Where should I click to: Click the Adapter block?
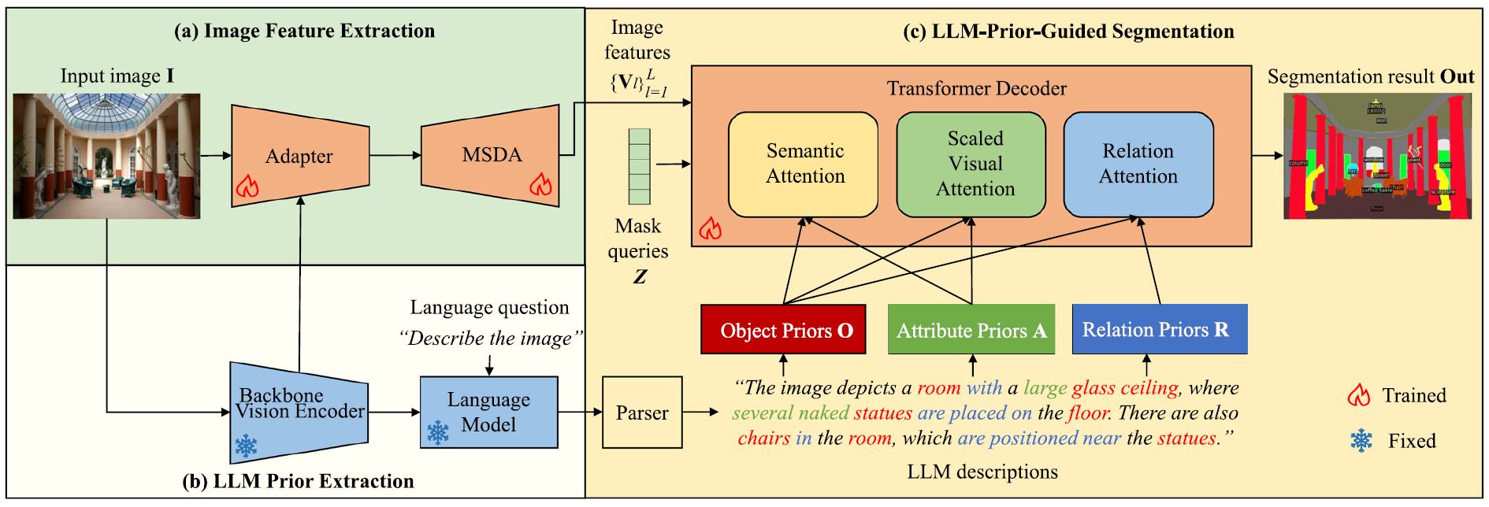point(300,156)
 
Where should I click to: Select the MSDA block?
point(490,155)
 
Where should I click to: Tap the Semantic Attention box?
point(804,164)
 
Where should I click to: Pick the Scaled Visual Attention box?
point(971,164)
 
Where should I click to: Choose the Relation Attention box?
point(1138,164)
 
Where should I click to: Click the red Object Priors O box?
point(783,330)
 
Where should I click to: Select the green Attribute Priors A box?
point(971,330)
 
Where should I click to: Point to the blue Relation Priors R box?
point(1159,329)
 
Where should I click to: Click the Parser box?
point(641,413)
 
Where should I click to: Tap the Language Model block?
point(488,412)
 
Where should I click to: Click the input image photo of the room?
point(107,156)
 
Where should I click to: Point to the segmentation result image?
point(1377,156)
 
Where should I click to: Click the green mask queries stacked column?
point(639,167)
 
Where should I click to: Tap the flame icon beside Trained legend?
point(1359,395)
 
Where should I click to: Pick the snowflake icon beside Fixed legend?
point(1361,441)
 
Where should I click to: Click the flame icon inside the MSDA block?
point(540,185)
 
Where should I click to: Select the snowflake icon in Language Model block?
point(437,432)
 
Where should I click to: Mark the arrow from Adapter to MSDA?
point(395,155)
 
